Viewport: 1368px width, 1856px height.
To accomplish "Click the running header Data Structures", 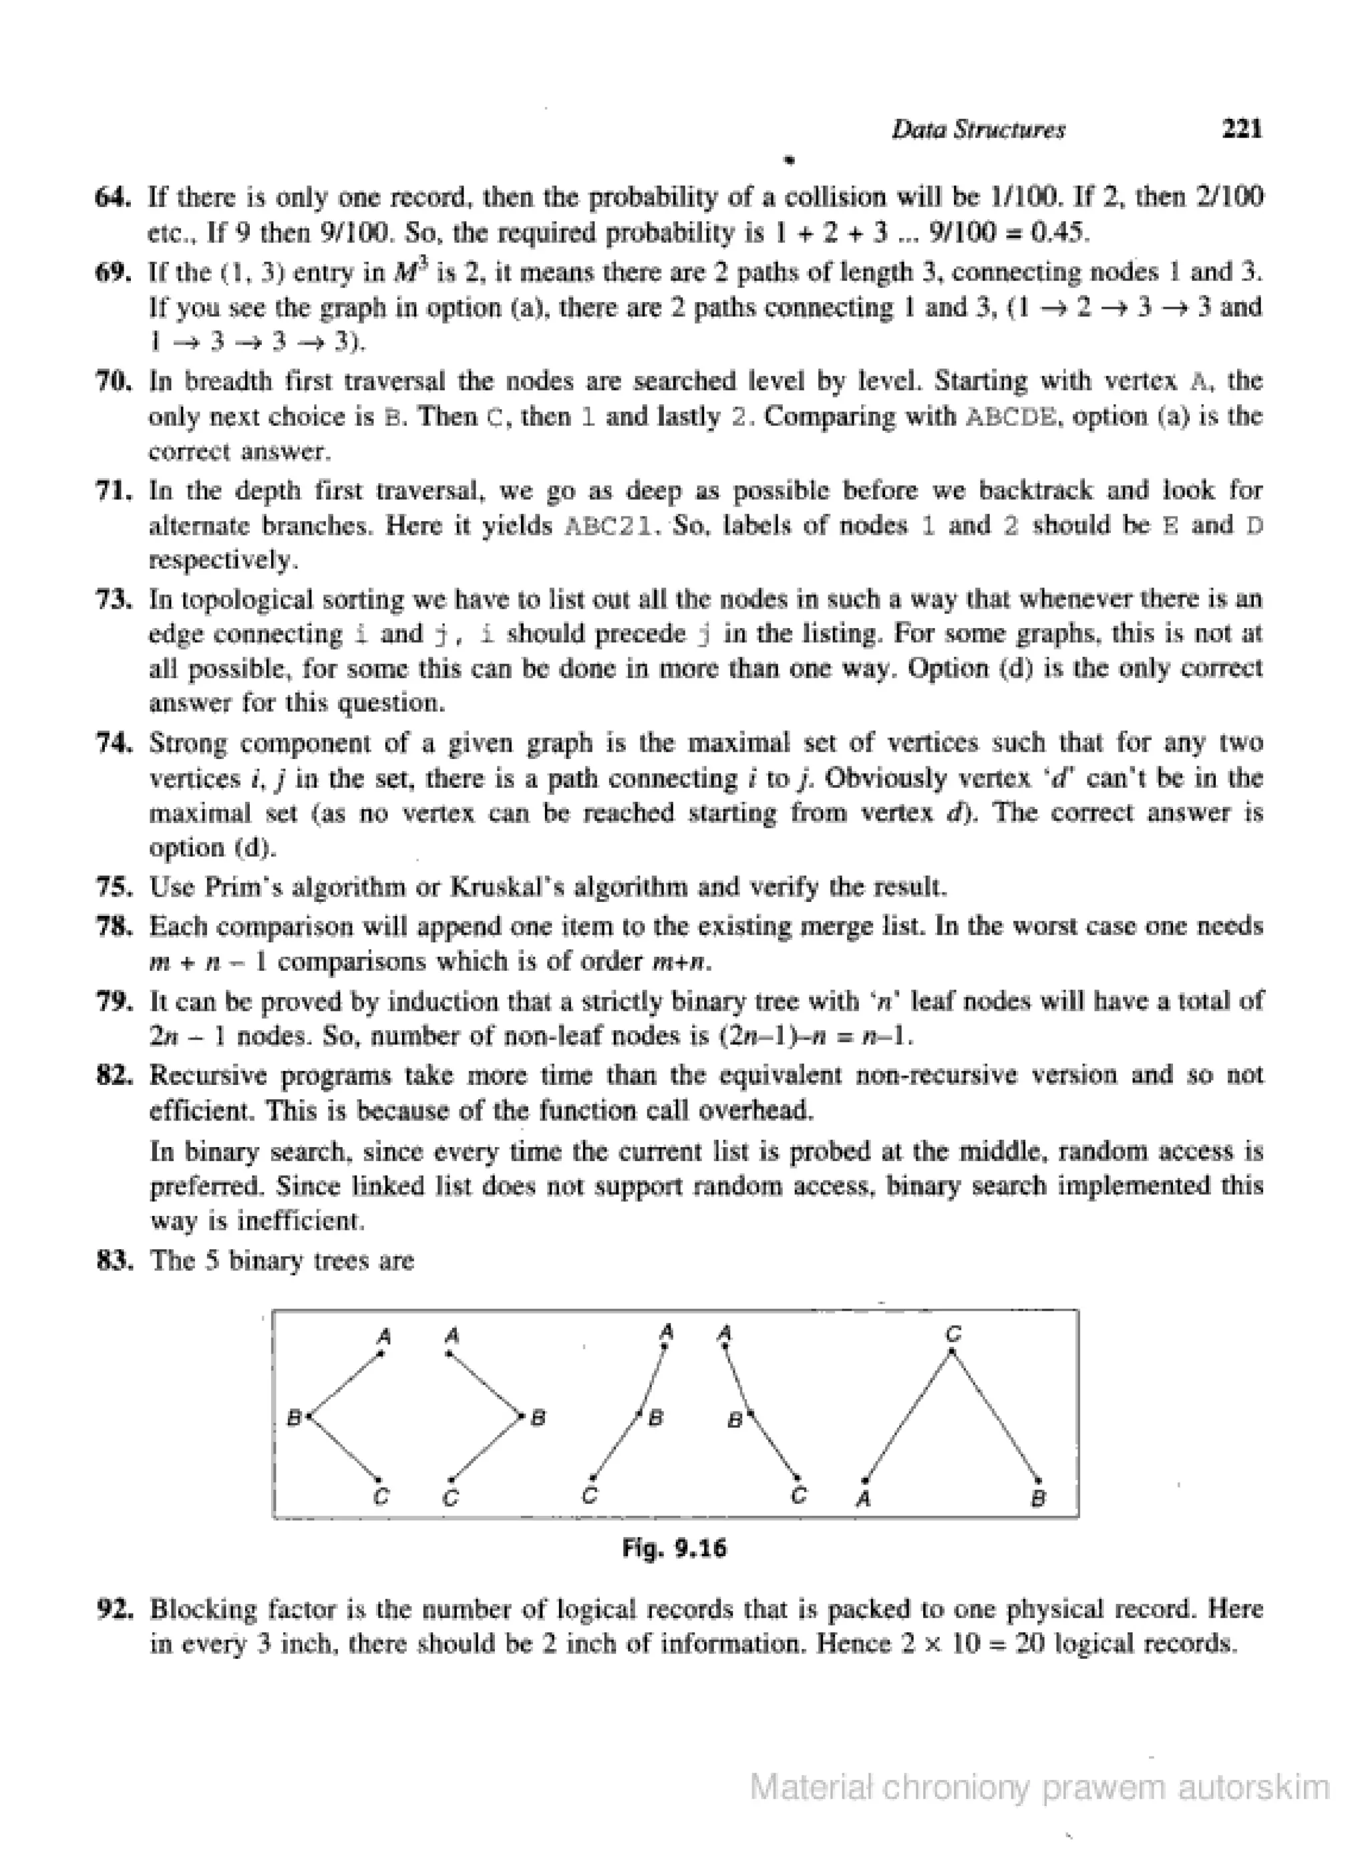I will pos(978,130).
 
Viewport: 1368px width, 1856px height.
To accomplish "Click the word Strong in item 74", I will pos(188,743).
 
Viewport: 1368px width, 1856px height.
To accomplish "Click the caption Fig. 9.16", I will pos(674,1548).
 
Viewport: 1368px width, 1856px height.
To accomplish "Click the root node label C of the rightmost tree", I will pos(953,1334).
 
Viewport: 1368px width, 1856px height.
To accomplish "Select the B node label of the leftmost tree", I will pos(293,1418).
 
